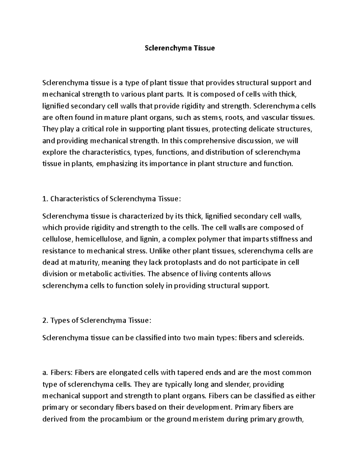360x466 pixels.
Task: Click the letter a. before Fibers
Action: coord(45,373)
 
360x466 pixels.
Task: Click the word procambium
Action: coord(121,419)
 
